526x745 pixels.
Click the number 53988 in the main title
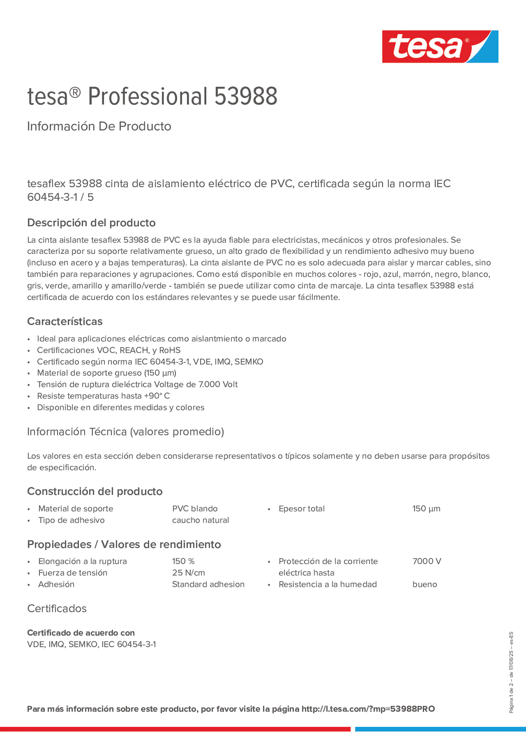pyautogui.click(x=246, y=97)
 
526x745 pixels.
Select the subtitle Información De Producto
pyautogui.click(x=99, y=126)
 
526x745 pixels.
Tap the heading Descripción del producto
pyautogui.click(x=91, y=223)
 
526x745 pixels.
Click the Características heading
pyautogui.click(x=65, y=321)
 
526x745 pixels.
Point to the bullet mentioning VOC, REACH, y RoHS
pyautogui.click(x=109, y=350)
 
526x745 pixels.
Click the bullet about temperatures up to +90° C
pyautogui.click(x=103, y=396)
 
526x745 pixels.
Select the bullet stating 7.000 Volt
pyautogui.click(x=137, y=385)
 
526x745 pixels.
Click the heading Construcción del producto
pyautogui.click(x=95, y=491)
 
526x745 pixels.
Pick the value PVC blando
pyautogui.click(x=195, y=508)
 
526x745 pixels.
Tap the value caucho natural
pyautogui.click(x=200, y=520)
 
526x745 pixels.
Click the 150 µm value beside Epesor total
pyautogui.click(x=426, y=508)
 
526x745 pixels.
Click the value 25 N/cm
pyautogui.click(x=188, y=573)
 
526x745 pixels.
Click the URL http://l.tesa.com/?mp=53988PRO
pyautogui.click(x=368, y=709)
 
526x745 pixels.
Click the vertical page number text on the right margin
pyautogui.click(x=511, y=672)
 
